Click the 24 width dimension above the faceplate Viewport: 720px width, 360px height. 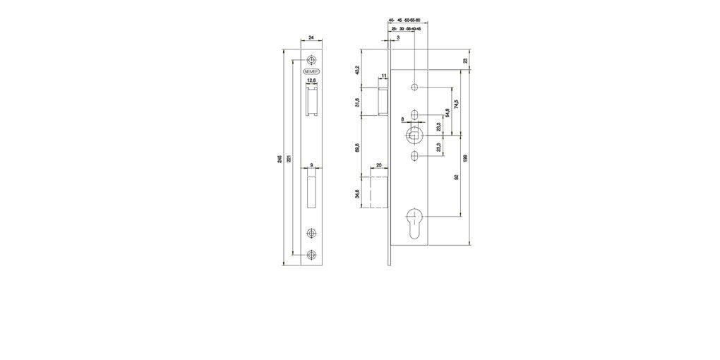click(312, 40)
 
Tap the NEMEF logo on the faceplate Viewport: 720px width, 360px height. click(311, 72)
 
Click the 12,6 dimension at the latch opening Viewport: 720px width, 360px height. click(311, 80)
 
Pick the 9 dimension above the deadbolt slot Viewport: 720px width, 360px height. click(311, 167)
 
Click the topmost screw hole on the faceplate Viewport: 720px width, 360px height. click(311, 61)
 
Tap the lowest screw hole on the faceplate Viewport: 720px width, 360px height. click(311, 255)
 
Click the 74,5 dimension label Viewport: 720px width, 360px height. click(456, 104)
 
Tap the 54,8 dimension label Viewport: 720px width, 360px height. click(446, 113)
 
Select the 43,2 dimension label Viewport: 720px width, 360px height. click(358, 70)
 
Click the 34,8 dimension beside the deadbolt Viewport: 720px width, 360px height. click(358, 193)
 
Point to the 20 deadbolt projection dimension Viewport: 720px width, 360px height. click(379, 165)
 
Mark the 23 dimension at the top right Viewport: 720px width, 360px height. click(465, 61)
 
